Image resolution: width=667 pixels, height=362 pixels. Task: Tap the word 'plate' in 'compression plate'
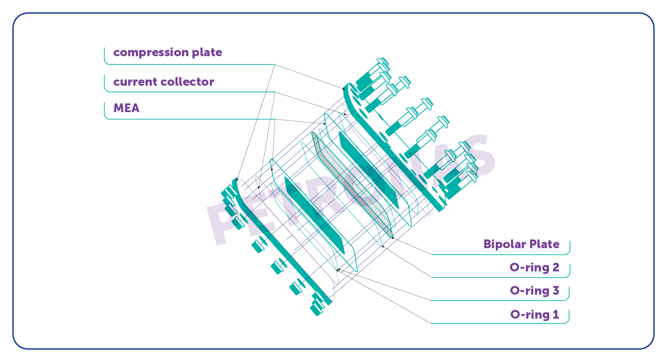pyautogui.click(x=207, y=52)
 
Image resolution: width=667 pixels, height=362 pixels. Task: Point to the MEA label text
pyautogui.click(x=126, y=108)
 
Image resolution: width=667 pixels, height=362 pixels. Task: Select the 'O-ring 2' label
pyautogui.click(x=534, y=268)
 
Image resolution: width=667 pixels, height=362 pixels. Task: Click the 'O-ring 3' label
pyautogui.click(x=534, y=291)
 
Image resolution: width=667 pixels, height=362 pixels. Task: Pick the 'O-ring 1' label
pyautogui.click(x=534, y=315)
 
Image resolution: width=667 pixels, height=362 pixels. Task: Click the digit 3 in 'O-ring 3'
pyautogui.click(x=556, y=291)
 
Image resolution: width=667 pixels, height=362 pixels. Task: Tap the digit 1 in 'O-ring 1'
pyautogui.click(x=556, y=314)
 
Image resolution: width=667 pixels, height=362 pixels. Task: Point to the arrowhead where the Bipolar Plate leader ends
pyautogui.click(x=393, y=238)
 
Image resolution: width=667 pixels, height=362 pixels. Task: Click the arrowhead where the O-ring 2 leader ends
pyautogui.click(x=383, y=246)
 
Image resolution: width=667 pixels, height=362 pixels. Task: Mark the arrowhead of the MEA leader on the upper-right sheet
pyautogui.click(x=324, y=124)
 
